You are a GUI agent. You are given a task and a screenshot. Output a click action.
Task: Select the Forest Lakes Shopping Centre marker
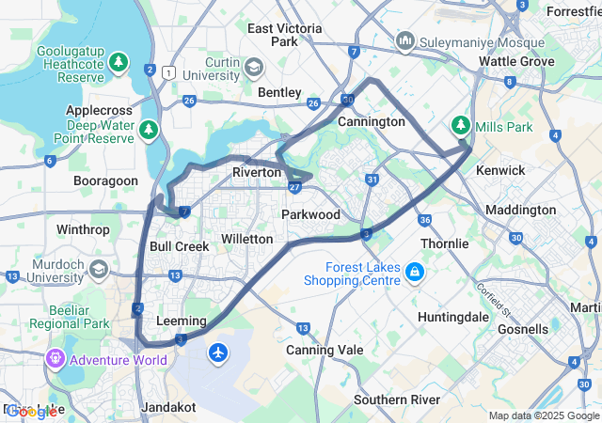(415, 273)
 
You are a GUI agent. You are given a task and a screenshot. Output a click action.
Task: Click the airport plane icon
(219, 352)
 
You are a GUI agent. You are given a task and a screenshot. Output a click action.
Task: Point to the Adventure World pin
(55, 359)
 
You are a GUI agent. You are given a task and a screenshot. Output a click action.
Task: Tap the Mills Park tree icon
(461, 126)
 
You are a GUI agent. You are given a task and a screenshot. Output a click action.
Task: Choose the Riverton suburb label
(257, 173)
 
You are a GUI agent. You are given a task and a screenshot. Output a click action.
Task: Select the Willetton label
(246, 240)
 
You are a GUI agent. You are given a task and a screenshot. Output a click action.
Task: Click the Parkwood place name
(310, 215)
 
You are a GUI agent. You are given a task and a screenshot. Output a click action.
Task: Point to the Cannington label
(371, 121)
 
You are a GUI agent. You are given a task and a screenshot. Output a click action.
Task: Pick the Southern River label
(397, 399)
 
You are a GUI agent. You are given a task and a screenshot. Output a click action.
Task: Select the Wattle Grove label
(516, 61)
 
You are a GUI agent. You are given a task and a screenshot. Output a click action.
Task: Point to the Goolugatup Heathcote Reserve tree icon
(119, 62)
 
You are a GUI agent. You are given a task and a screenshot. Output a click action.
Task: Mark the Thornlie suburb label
(444, 243)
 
